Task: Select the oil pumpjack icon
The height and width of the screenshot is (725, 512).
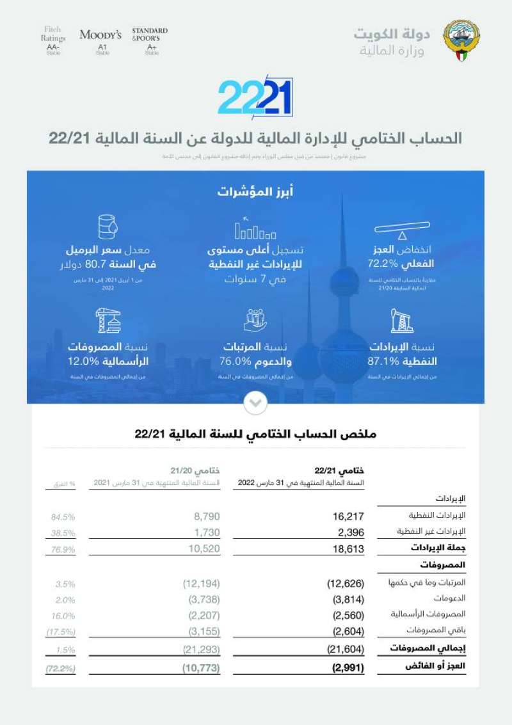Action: point(401,322)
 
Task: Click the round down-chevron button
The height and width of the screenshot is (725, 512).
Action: point(255,403)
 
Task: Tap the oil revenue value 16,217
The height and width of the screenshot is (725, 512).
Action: point(348,515)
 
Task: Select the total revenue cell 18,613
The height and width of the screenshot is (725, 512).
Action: point(348,548)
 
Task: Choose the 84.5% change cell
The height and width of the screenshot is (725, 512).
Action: point(63,515)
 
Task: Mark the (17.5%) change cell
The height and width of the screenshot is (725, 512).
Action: point(61,632)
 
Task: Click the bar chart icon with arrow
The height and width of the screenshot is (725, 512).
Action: point(255,228)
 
